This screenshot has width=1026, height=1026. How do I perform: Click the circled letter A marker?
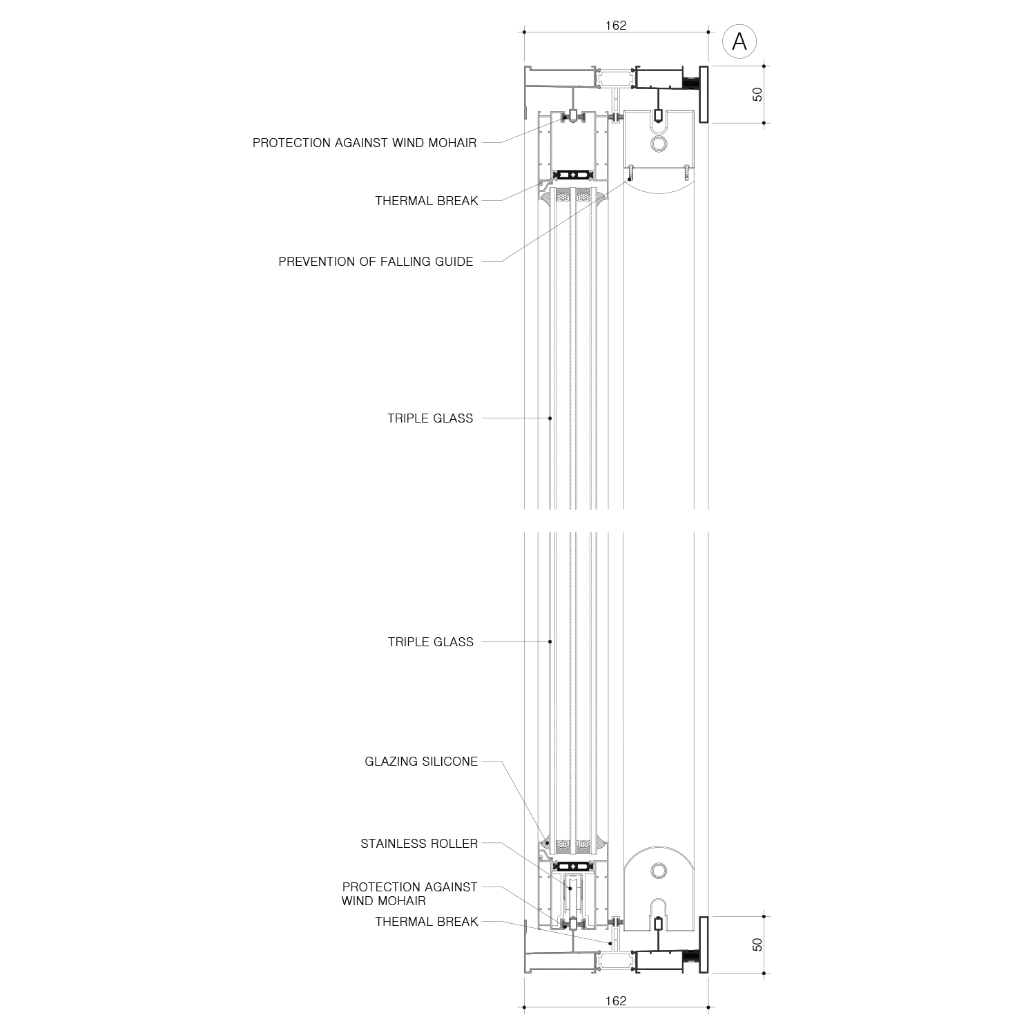(739, 42)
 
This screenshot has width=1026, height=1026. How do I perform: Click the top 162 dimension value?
(615, 26)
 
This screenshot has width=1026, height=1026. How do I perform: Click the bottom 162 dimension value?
(615, 1000)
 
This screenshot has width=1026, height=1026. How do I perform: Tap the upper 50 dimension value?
(757, 95)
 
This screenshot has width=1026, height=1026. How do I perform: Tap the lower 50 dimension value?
(757, 944)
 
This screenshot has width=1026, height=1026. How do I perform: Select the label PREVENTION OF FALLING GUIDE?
(376, 262)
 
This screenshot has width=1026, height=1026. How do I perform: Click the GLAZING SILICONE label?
(421, 762)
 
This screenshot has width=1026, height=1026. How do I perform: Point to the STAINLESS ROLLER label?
(419, 844)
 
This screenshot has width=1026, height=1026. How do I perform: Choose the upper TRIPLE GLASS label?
(430, 418)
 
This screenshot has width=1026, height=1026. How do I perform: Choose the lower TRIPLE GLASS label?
(431, 642)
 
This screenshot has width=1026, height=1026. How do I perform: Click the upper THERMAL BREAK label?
(427, 201)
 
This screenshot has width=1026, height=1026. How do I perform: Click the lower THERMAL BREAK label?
(427, 922)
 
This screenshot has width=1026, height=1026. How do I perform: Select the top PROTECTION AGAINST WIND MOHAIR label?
(365, 143)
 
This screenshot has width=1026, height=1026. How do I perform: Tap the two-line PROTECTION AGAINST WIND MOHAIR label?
(409, 893)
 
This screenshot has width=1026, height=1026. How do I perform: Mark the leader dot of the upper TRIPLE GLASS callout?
(550, 418)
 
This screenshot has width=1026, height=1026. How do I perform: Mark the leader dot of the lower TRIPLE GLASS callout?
(550, 641)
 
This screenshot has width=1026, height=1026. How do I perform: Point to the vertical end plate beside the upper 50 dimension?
(704, 95)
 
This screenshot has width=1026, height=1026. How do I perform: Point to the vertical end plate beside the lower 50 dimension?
(704, 945)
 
